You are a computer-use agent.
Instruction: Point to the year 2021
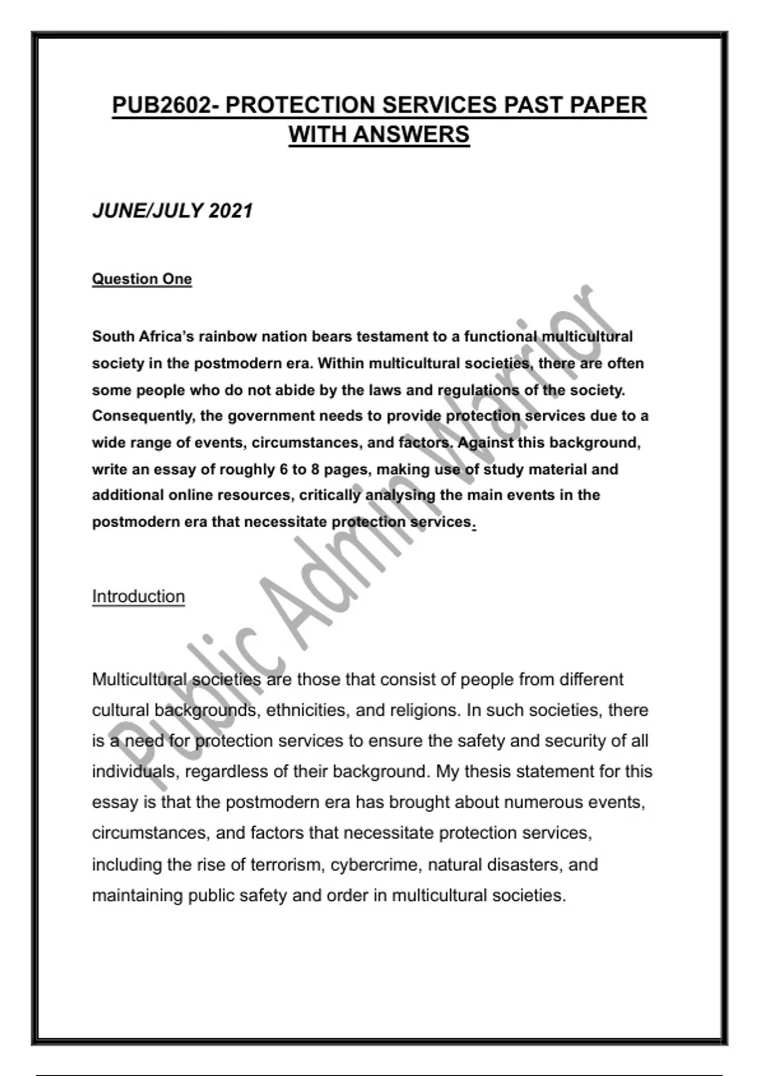(x=231, y=211)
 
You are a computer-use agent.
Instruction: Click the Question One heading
(x=142, y=279)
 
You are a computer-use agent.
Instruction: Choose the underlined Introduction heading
(x=139, y=596)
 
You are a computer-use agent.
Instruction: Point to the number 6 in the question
(x=283, y=470)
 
